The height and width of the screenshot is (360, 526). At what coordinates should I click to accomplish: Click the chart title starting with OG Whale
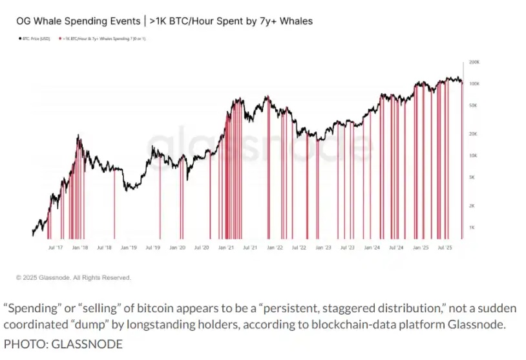(x=164, y=21)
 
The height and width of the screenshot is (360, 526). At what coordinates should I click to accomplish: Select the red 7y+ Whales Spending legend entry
(x=103, y=39)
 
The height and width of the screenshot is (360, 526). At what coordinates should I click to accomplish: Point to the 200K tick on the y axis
(x=474, y=62)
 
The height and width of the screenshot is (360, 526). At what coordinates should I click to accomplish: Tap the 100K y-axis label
(x=474, y=84)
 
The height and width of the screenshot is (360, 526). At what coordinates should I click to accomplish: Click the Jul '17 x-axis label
(x=56, y=247)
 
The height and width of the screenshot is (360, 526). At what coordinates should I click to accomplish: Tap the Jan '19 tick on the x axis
(x=129, y=247)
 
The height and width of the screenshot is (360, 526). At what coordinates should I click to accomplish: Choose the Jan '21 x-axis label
(x=226, y=247)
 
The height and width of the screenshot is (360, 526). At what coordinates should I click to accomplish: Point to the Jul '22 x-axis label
(x=299, y=247)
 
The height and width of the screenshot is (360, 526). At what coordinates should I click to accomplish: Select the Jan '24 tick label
(x=372, y=247)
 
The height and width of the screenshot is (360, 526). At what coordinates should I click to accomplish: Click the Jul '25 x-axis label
(x=445, y=247)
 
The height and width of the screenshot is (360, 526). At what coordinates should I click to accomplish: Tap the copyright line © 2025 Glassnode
(x=74, y=278)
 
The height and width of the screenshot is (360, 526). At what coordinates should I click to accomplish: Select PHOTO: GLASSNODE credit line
(x=63, y=344)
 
